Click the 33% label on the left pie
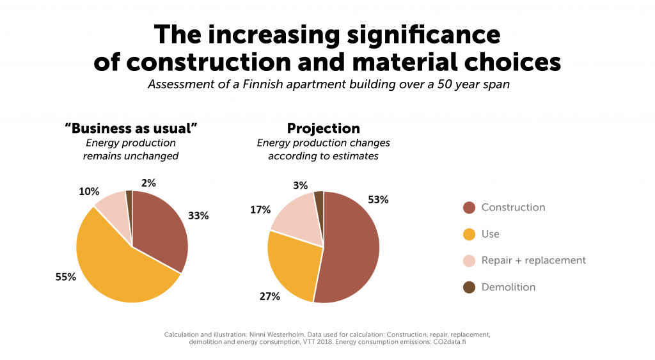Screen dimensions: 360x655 click(198, 216)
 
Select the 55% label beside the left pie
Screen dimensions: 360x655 click(66, 278)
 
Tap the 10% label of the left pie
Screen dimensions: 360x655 click(89, 191)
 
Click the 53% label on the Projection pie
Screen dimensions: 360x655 click(378, 200)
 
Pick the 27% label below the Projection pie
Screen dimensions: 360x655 click(269, 296)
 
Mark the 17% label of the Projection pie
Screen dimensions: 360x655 click(260, 209)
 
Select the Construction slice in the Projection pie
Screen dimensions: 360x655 click(352, 249)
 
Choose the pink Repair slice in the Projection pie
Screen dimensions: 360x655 click(297, 221)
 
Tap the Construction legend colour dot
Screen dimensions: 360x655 click(469, 208)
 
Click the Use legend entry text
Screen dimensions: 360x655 click(491, 234)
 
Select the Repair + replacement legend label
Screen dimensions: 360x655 click(533, 260)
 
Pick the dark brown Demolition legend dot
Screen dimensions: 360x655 click(469, 287)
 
